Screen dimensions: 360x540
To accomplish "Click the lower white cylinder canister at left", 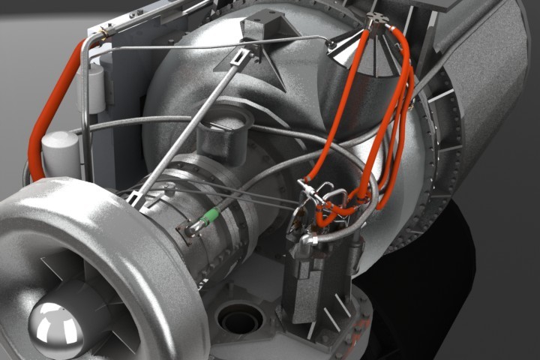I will coord(61,154).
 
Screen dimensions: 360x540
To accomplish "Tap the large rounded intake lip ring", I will coord(112,240).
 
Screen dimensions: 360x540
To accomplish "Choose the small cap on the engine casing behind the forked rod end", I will coord(169,189).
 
